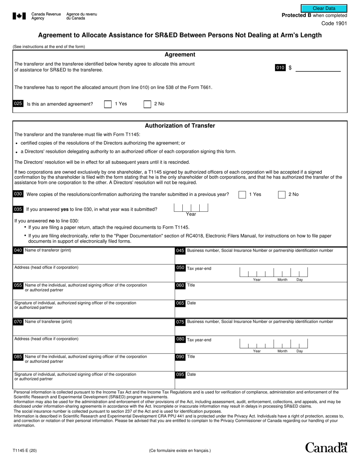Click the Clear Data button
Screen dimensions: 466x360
click(324, 8)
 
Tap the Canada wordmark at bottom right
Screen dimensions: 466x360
click(326, 447)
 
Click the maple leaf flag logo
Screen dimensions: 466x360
click(19, 16)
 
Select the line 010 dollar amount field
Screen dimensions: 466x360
click(318, 68)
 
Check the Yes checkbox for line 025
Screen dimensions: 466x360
click(108, 104)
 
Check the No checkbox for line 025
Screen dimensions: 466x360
click(147, 104)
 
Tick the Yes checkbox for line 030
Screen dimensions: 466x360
click(242, 195)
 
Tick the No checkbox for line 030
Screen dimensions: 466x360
click(282, 195)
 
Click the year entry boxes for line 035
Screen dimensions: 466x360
click(191, 208)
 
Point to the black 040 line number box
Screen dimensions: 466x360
click(18, 250)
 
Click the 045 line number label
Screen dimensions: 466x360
click(180, 251)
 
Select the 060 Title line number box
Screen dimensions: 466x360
click(180, 285)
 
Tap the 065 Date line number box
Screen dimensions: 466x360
click(180, 303)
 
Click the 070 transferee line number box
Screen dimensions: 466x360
click(18, 322)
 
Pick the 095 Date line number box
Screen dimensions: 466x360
click(180, 375)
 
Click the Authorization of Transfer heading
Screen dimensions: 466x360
click(180, 126)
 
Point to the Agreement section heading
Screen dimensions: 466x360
click(180, 55)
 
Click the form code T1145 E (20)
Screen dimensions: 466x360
click(25, 450)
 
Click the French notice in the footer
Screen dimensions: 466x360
click(180, 450)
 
